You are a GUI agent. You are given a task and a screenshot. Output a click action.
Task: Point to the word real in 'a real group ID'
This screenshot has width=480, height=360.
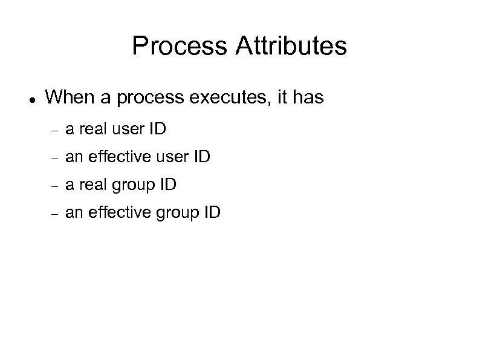tap(90, 185)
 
